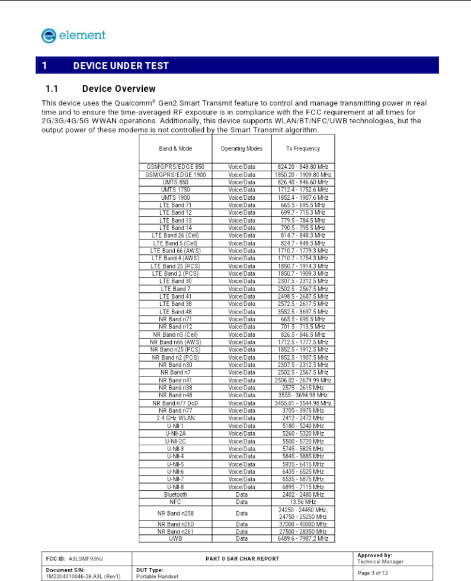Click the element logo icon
coord(49,36)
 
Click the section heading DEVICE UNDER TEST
coord(121,66)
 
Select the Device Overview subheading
coord(118,89)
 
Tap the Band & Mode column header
coord(175,148)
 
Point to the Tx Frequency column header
coord(303,148)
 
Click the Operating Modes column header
coord(242,148)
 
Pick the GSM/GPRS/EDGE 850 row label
coord(175,167)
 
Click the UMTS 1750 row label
coord(175,190)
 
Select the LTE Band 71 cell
coord(175,205)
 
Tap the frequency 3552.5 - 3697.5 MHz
coord(303,312)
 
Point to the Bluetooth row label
coord(175,494)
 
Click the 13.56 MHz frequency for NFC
coord(303,502)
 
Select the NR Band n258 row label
coord(175,513)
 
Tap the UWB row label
coord(175,539)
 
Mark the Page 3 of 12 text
coord(373,573)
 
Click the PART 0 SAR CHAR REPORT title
coord(242,558)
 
